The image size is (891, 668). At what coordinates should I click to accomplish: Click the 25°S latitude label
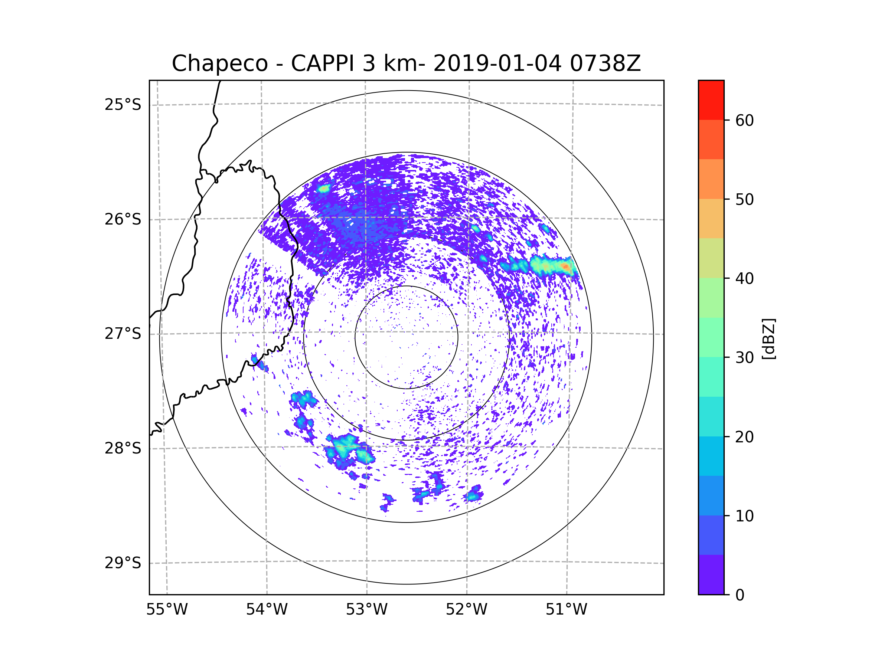pyautogui.click(x=123, y=105)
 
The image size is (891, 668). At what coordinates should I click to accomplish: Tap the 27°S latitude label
pyautogui.click(x=123, y=334)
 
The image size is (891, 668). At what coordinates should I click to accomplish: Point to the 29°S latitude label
pyautogui.click(x=123, y=563)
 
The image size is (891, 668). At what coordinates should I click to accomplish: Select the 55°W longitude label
pyautogui.click(x=167, y=610)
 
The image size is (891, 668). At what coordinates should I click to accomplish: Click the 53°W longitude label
pyautogui.click(x=366, y=610)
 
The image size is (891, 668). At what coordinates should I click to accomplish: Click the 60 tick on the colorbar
pyautogui.click(x=744, y=120)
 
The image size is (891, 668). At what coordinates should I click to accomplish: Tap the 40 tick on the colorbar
pyautogui.click(x=744, y=278)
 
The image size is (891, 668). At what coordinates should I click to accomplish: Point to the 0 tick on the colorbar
pyautogui.click(x=740, y=595)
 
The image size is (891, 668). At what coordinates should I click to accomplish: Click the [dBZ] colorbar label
pyautogui.click(x=768, y=338)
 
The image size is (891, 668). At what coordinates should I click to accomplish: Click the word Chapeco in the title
pyautogui.click(x=220, y=63)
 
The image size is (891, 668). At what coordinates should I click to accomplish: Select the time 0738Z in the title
pyautogui.click(x=605, y=63)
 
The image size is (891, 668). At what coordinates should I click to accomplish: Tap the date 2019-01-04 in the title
pyautogui.click(x=497, y=63)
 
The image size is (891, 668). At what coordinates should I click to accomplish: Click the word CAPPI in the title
pyautogui.click(x=322, y=63)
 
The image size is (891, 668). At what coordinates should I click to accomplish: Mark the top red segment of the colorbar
pyautogui.click(x=711, y=100)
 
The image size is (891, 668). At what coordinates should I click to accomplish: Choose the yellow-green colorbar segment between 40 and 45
pyautogui.click(x=711, y=258)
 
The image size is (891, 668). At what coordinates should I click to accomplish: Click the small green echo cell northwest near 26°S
pyautogui.click(x=324, y=189)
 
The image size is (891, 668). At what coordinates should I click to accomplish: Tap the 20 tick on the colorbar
pyautogui.click(x=744, y=436)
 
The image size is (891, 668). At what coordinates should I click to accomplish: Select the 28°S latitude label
pyautogui.click(x=123, y=448)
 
